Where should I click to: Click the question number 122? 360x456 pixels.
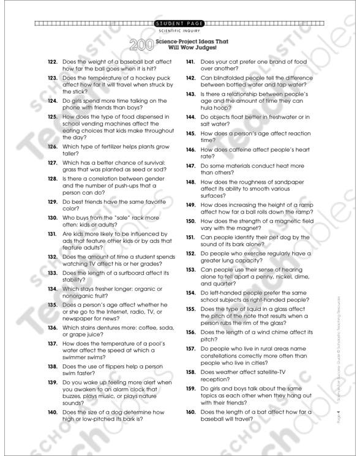(51, 62)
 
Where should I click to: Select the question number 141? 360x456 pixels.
(190, 62)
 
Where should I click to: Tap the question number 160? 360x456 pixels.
(190, 412)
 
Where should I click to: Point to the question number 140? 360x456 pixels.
(51, 413)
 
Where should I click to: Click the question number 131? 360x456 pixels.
(51, 234)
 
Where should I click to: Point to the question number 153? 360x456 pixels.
(190, 269)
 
